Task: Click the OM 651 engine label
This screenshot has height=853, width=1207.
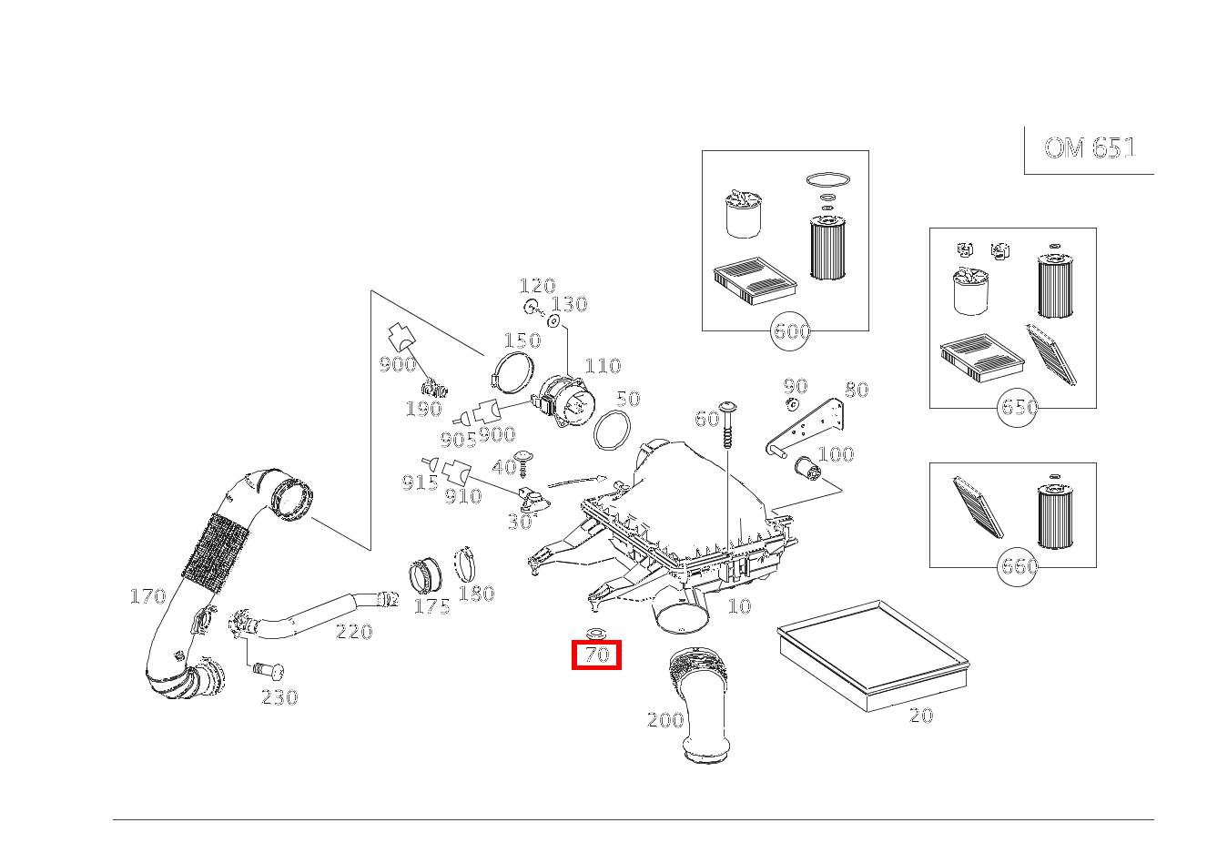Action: click(x=1090, y=147)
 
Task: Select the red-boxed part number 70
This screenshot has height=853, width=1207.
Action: click(x=596, y=655)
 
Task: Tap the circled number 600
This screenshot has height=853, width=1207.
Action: click(x=790, y=330)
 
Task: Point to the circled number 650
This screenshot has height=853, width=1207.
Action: click(x=1018, y=407)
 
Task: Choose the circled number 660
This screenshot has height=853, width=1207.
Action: click(x=1018, y=566)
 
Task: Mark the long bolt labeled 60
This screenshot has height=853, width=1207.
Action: click(x=727, y=424)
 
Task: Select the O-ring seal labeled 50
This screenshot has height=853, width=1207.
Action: click(x=612, y=430)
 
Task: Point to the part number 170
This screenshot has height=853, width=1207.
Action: click(x=147, y=596)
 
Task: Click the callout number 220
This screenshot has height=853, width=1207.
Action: click(x=354, y=632)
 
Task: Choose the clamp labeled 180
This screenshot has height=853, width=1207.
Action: click(x=465, y=565)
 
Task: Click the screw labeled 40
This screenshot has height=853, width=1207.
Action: click(x=522, y=463)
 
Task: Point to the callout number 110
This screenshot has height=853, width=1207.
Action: click(x=603, y=366)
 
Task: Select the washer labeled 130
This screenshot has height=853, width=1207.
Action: click(x=553, y=321)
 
